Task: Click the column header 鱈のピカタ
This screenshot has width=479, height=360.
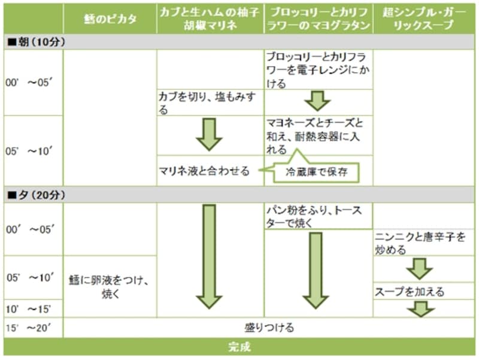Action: [110, 19]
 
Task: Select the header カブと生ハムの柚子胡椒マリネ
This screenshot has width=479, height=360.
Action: [210, 19]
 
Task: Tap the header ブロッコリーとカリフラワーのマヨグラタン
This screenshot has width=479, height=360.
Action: [318, 19]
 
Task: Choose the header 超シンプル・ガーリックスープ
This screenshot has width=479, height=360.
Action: [423, 19]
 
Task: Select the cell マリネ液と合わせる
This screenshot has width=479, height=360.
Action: [204, 171]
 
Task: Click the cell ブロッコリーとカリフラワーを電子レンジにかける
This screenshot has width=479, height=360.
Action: [318, 71]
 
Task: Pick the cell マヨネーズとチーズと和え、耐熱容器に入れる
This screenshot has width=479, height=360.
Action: [318, 135]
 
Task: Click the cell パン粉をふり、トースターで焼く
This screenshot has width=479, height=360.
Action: [318, 217]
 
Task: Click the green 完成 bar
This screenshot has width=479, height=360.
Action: [239, 347]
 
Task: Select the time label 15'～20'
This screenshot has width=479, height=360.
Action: [34, 328]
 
